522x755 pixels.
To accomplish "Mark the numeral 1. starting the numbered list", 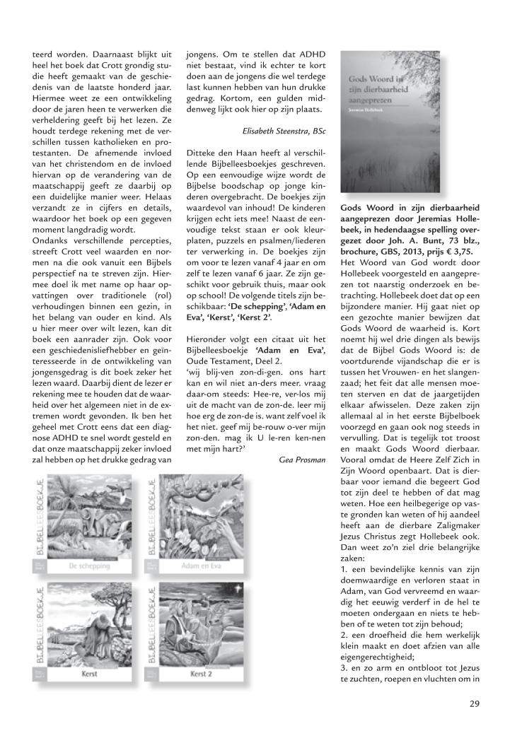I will click(345, 568).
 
